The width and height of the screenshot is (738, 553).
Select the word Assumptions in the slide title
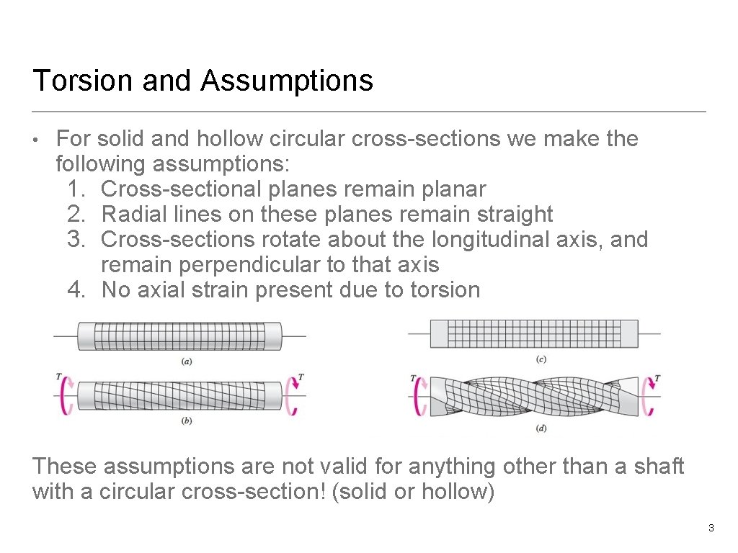287,81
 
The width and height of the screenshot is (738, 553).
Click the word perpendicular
247,265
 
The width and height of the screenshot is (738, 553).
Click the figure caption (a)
186,361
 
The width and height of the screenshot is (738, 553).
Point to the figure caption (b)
186,421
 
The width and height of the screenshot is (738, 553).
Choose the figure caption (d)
541,428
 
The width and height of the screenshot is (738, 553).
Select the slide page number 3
711,529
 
